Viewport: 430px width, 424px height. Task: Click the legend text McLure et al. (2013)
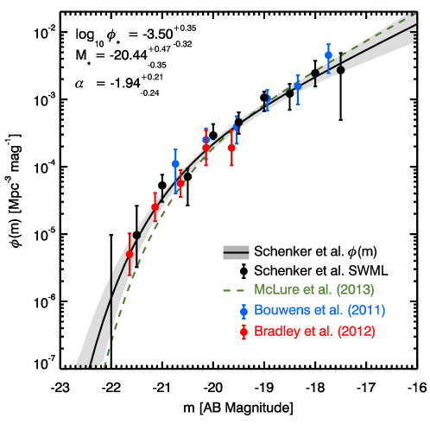coord(314,289)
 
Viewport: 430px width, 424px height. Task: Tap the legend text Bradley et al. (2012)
coord(314,331)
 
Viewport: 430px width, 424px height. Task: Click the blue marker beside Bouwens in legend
coord(244,310)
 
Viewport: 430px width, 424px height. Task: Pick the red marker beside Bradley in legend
coord(244,331)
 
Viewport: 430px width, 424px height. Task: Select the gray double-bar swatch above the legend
coord(236,252)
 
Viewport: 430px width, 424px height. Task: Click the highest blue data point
coord(328,55)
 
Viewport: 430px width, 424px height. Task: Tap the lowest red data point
coord(130,254)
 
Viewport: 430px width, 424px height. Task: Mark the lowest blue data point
coord(175,163)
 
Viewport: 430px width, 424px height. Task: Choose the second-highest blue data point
coord(298,85)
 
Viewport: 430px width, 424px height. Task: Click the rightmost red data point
coord(231,148)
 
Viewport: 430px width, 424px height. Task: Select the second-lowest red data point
coord(155,206)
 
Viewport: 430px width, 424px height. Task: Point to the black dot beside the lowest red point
coord(136,235)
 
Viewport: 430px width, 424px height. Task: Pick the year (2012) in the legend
coord(357,331)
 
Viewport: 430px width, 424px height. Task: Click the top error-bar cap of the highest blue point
coord(328,44)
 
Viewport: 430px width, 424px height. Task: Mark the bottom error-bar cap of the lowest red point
coord(130,275)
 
